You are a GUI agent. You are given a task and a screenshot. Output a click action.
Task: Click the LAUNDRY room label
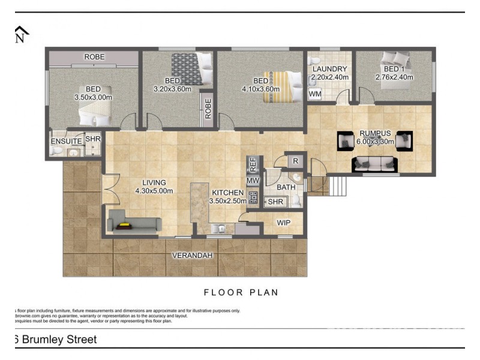point(329,69)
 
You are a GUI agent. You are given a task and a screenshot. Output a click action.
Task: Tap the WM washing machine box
point(315,94)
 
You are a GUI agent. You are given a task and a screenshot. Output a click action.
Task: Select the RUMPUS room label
point(376,133)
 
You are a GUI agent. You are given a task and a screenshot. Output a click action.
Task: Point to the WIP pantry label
point(284,223)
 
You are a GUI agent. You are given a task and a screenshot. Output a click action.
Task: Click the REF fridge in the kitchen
point(253,163)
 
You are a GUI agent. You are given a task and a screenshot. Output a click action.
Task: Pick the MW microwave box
point(253,180)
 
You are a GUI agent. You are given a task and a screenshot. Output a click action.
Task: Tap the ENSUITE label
point(66,141)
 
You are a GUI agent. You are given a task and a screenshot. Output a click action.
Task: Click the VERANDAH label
point(193,256)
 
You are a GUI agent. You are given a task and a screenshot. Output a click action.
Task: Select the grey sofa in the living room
point(134,225)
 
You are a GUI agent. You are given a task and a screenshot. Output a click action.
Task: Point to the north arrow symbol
point(21,34)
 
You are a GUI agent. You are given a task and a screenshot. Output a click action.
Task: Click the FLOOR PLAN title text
point(241,293)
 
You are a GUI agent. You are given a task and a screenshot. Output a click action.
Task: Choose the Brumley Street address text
point(55,340)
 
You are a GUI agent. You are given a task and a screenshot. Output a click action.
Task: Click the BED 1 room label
point(395,69)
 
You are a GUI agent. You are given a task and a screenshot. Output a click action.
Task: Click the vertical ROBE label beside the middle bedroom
point(208,108)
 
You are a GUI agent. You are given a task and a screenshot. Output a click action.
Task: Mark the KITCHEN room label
point(228,193)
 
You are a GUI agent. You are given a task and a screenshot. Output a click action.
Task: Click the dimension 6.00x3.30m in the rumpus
point(376,142)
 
